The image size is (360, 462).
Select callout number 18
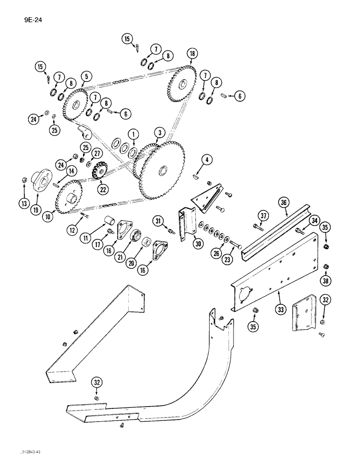coord(192,54)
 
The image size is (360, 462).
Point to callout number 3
coord(159,134)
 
